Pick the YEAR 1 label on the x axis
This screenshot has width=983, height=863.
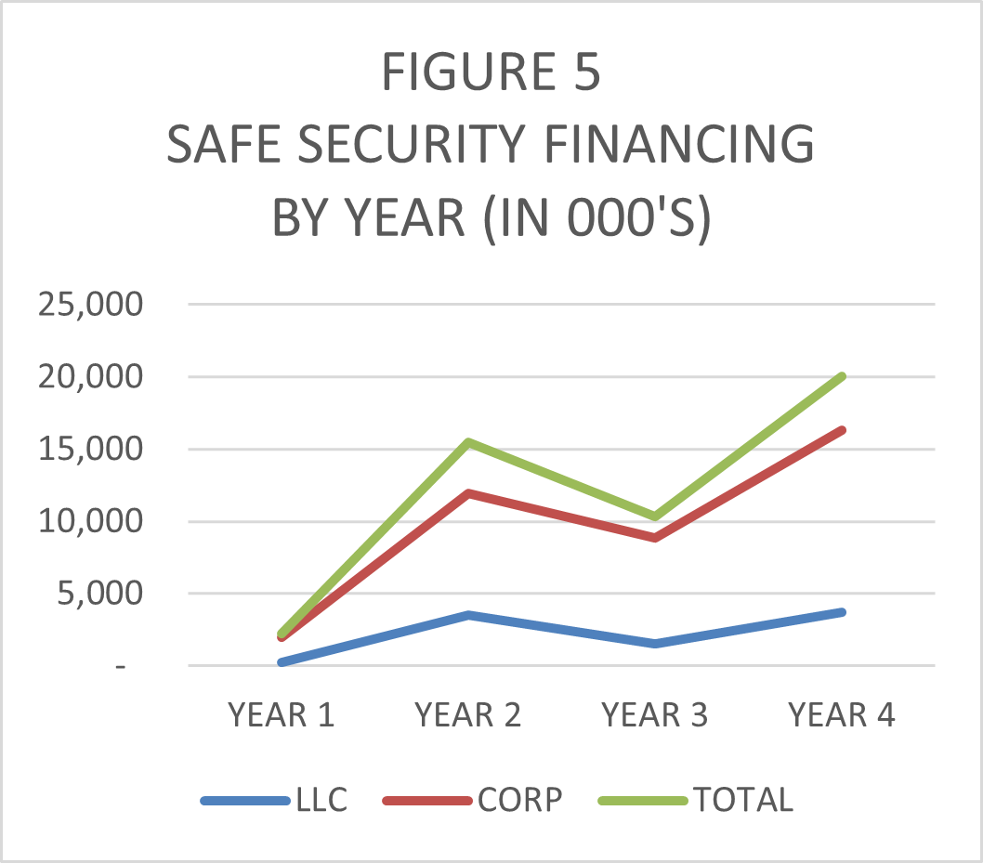coord(281,715)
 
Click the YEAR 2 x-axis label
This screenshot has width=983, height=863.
coord(467,715)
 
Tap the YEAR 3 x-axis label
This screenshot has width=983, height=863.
coord(654,715)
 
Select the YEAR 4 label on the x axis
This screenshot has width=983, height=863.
coord(841,715)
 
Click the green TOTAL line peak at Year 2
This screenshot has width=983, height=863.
coord(467,442)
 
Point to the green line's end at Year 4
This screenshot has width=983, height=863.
coord(841,376)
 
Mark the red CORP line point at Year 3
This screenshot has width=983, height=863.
coord(654,538)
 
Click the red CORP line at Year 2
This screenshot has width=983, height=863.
coord(467,493)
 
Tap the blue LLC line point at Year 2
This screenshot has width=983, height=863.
coord(467,615)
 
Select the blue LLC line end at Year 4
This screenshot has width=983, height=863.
coord(841,612)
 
